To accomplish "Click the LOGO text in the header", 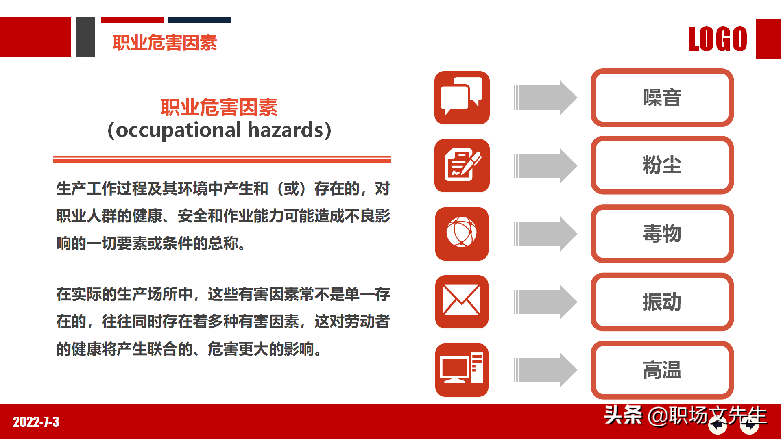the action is (x=718, y=39).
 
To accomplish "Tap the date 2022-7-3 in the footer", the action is (x=36, y=422).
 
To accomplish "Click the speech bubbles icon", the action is (x=462, y=98).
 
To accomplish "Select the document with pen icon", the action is (x=462, y=165).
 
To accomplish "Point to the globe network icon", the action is (x=462, y=234).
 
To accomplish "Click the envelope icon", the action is (x=462, y=302).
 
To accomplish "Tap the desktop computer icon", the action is (x=462, y=370).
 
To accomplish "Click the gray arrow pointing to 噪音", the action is (x=545, y=98).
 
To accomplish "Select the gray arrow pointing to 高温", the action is (x=545, y=370).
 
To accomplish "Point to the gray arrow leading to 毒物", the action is (x=545, y=234).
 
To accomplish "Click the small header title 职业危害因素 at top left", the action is (x=165, y=43).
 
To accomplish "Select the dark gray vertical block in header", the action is (x=86, y=37).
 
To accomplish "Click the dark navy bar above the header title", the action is (x=199, y=20).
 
